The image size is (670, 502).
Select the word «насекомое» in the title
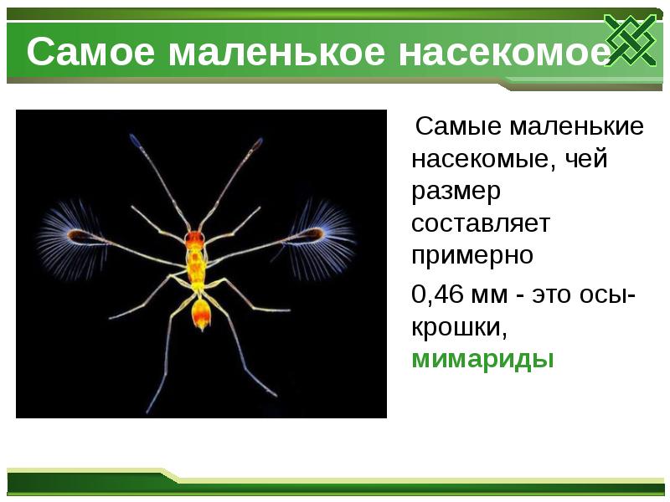[x=503, y=53]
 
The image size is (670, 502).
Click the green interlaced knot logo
[x=630, y=40]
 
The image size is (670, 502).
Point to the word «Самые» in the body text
[x=458, y=127]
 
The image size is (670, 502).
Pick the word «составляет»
[x=480, y=223]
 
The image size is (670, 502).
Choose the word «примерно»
[x=472, y=255]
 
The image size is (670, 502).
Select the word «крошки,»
[x=459, y=328]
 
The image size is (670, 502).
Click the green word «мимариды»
[x=483, y=360]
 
